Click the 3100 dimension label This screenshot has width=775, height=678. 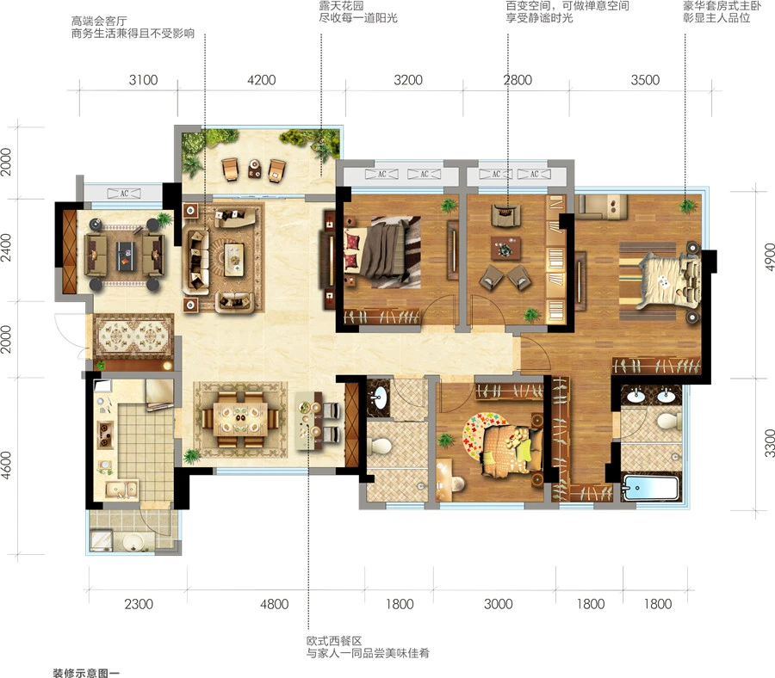[143, 80]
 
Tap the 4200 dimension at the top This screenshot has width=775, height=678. [262, 80]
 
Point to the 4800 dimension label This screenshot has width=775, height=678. [275, 604]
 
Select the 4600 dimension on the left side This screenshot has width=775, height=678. [6, 465]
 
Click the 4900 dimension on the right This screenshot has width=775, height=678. [769, 256]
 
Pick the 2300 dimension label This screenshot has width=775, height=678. [139, 604]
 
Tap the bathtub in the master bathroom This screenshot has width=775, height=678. [651, 487]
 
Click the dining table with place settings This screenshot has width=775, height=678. [240, 419]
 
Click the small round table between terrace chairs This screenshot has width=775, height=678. [255, 169]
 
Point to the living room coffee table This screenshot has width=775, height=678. [233, 259]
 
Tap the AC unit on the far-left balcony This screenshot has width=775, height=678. [124, 194]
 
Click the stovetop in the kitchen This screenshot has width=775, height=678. [105, 435]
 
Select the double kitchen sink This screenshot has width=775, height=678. [121, 490]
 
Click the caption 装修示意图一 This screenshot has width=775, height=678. [86, 673]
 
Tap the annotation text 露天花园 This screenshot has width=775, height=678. [342, 5]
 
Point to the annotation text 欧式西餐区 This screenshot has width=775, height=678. [334, 641]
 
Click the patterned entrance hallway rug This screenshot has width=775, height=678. [133, 336]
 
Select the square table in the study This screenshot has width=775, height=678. [505, 249]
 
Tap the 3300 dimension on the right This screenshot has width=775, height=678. [769, 443]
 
